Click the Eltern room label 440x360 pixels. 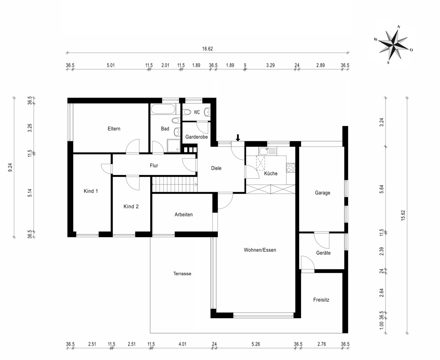[114, 129]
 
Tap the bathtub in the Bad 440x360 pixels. [163, 109]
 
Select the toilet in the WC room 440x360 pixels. [187, 112]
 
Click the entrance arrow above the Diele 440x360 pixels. [238, 138]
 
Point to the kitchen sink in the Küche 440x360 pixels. [268, 151]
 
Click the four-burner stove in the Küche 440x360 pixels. [291, 167]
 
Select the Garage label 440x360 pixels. [323, 193]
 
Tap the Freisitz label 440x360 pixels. [321, 300]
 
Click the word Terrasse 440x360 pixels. [182, 273]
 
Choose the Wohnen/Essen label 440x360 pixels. [260, 250]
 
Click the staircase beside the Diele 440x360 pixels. [175, 184]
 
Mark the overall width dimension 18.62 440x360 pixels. [208, 49]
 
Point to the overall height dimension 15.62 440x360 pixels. [403, 215]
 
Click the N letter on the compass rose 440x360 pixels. [399, 27]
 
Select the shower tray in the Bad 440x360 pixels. [173, 146]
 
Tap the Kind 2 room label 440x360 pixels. [131, 207]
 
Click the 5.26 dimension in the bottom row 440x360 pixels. [256, 344]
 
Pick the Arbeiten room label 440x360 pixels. [184, 214]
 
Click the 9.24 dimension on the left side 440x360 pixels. [10, 167]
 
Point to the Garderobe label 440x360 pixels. [197, 137]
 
